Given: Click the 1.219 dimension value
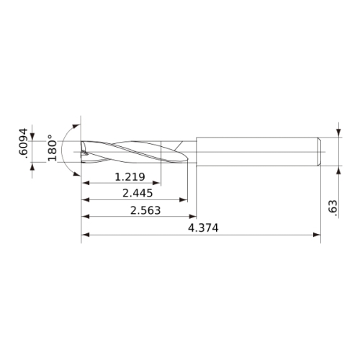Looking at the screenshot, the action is (130, 177).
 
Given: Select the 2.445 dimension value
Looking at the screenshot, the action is (138, 193).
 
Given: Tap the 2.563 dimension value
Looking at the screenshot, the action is (145, 210).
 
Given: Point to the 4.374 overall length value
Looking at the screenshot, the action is (203, 228).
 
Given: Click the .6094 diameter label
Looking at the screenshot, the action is (23, 143).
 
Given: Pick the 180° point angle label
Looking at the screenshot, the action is (52, 148).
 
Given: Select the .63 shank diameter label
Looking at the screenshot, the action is (333, 207).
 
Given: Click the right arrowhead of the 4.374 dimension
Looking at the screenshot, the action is (317, 235).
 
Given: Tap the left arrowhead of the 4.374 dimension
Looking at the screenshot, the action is (86, 235).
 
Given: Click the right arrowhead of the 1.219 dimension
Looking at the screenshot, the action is (156, 183).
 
